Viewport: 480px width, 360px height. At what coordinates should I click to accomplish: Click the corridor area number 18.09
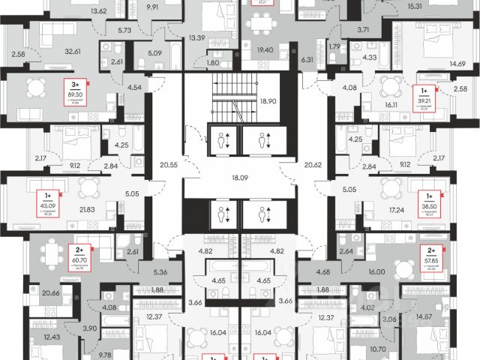[240, 179]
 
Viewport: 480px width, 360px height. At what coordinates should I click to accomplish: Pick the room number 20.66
[52, 295]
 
